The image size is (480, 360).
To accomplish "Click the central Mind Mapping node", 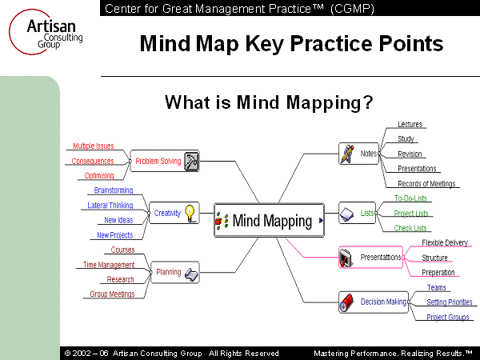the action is pyautogui.click(x=269, y=220).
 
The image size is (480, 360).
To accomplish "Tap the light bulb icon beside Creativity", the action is pyautogui.click(x=190, y=213).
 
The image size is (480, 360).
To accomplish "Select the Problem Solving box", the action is pyautogui.click(x=165, y=161).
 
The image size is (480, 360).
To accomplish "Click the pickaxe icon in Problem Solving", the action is pyautogui.click(x=191, y=161).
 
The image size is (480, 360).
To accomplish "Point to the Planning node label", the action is pyautogui.click(x=169, y=272).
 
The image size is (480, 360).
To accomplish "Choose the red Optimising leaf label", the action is pyautogui.click(x=99, y=176).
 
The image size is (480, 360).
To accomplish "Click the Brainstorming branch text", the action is pyautogui.click(x=114, y=190).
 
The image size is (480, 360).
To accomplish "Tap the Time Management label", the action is pyautogui.click(x=109, y=265).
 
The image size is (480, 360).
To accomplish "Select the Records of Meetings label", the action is pyautogui.click(x=426, y=183).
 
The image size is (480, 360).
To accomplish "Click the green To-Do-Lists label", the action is pyautogui.click(x=410, y=198).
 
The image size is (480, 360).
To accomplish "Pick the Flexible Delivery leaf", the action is pyautogui.click(x=445, y=242).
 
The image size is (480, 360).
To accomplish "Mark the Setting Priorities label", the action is pyautogui.click(x=450, y=302).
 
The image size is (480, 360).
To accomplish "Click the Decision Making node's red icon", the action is pyautogui.click(x=346, y=302).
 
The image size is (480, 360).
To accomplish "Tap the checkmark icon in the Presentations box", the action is pyautogui.click(x=346, y=258).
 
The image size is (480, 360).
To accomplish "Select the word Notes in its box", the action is pyautogui.click(x=368, y=154).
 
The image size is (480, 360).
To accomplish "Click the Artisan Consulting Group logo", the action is pyautogui.click(x=46, y=32).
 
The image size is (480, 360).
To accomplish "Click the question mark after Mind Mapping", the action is pyautogui.click(x=368, y=102).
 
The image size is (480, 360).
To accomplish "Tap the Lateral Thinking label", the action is pyautogui.click(x=110, y=205).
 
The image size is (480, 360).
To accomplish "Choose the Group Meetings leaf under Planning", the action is pyautogui.click(x=112, y=294).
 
